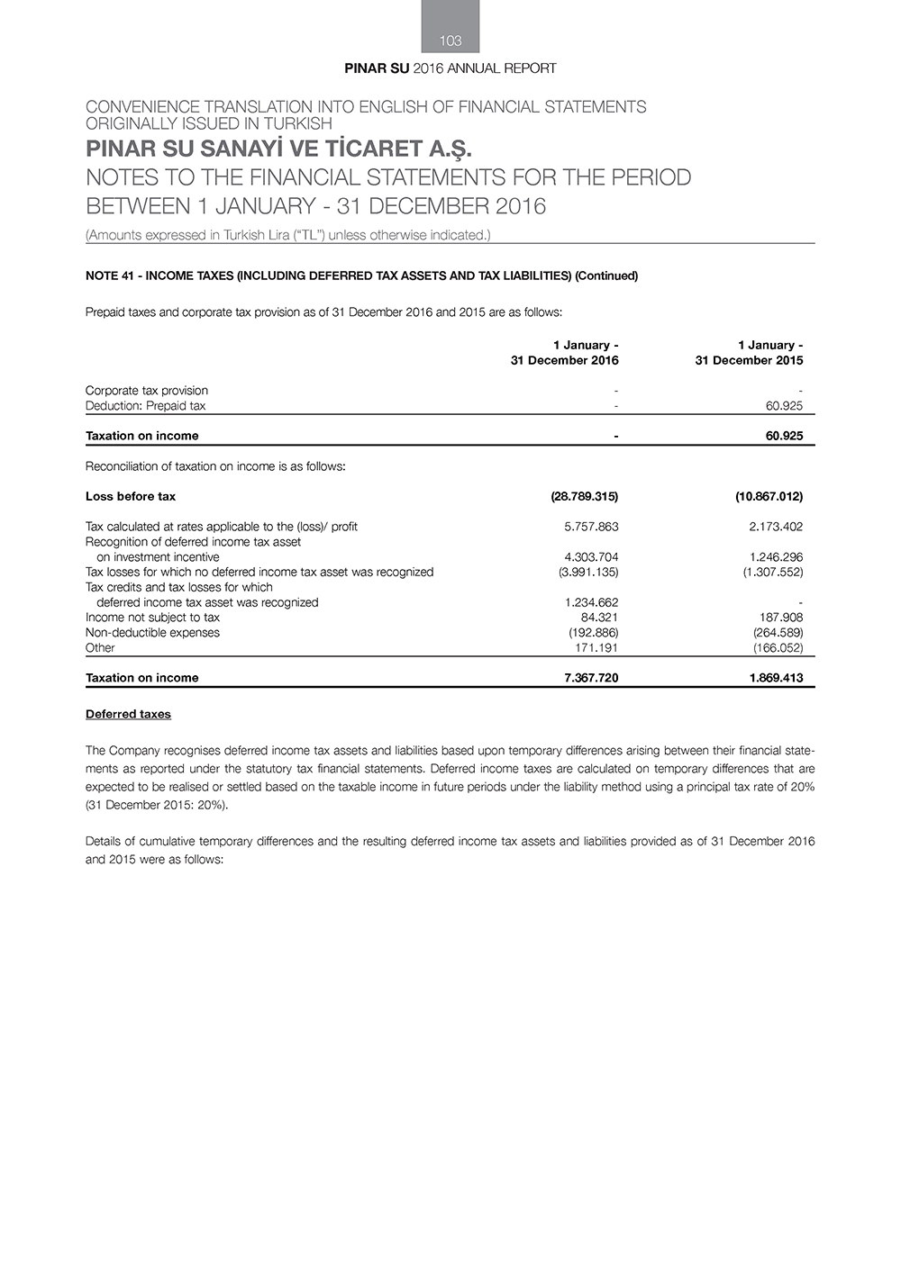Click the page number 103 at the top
click(x=450, y=41)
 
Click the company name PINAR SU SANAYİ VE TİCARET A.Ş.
click(x=278, y=149)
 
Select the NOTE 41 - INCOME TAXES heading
click(x=361, y=275)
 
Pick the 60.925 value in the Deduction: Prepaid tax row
click(x=784, y=406)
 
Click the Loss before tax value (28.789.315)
click(x=584, y=496)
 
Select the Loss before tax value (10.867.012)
click(x=769, y=496)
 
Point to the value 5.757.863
click(x=591, y=527)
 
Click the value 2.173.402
click(x=776, y=527)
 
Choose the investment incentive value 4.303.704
click(x=591, y=557)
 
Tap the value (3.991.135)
click(x=588, y=572)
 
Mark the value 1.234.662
click(x=591, y=602)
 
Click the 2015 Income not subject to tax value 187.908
click(x=781, y=618)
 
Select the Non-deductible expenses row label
click(x=152, y=633)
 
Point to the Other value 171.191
click(x=596, y=648)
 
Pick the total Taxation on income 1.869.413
click(x=776, y=678)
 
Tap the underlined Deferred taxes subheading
click(x=128, y=714)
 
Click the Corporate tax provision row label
click(x=147, y=391)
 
